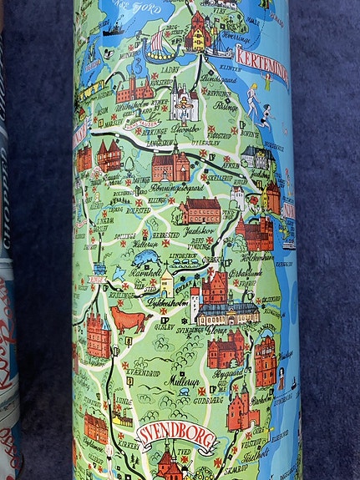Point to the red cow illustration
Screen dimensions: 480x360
click(x=130, y=320)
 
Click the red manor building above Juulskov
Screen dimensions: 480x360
click(x=200, y=210)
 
